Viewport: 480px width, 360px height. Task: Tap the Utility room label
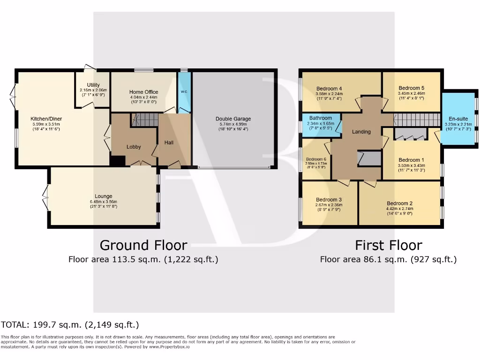[93, 85]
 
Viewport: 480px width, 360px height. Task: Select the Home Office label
[144, 92]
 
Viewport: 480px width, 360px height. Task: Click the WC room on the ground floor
[184, 92]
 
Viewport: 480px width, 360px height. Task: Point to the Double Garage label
[233, 119]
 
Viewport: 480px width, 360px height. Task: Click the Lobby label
[134, 147]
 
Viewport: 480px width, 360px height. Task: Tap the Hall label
[169, 142]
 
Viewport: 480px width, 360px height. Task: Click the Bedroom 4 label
[329, 89]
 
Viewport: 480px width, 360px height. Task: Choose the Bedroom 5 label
[412, 88]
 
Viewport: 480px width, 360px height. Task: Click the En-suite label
[458, 119]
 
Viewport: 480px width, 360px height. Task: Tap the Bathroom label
[321, 118]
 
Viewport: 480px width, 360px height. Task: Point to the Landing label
[361, 132]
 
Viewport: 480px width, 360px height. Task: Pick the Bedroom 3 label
[329, 199]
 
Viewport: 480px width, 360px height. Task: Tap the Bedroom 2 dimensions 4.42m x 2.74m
[400, 209]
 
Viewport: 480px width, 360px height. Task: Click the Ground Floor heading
[143, 245]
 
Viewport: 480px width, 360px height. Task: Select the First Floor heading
[388, 245]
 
